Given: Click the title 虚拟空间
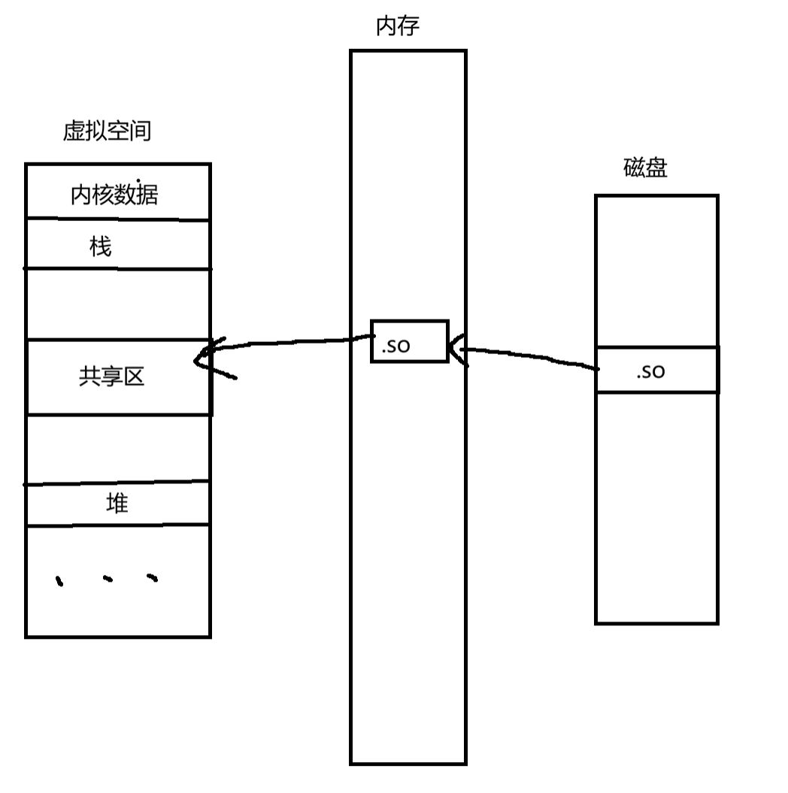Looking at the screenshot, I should point(107,132).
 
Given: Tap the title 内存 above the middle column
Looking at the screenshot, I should point(397,26).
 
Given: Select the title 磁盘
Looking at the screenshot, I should point(645,168).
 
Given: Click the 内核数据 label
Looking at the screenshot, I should point(114,195).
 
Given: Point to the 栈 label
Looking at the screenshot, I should point(101,246).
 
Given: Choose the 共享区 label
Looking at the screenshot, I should point(111,377).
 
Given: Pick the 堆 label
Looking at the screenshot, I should point(117,503).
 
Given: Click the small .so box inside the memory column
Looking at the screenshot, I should point(409,341).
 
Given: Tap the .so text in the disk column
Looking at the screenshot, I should point(650,371).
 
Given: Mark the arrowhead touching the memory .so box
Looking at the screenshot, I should point(457,349).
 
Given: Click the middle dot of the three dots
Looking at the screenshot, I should point(108,579).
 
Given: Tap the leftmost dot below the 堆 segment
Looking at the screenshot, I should point(60,580).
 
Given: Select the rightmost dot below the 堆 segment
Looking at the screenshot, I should point(153,578).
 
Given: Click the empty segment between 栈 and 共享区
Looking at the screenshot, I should point(118,304).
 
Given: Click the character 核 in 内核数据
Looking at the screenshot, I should point(103,195).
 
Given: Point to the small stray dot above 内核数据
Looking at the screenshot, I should point(139,180).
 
